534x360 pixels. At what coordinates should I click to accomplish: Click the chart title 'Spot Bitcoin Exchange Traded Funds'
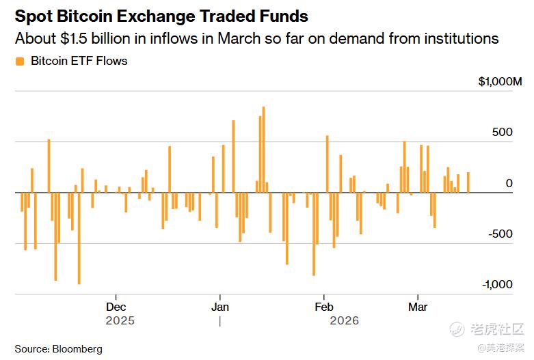tap(161, 16)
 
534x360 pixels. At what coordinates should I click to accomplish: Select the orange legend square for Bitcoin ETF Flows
tap(20, 61)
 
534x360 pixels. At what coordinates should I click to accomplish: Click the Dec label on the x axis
tap(116, 307)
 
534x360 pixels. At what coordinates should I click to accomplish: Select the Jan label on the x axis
tap(220, 307)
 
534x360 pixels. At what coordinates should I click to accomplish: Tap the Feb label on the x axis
tap(323, 307)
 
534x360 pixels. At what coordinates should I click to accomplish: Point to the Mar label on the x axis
tap(418, 307)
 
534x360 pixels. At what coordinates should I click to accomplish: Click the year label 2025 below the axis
tap(120, 320)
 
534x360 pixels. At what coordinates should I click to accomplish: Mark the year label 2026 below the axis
tap(344, 320)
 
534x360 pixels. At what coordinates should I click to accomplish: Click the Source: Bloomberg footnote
tap(59, 349)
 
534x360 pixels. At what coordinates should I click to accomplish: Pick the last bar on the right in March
tap(468, 182)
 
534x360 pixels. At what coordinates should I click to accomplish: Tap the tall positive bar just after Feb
tap(328, 164)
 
